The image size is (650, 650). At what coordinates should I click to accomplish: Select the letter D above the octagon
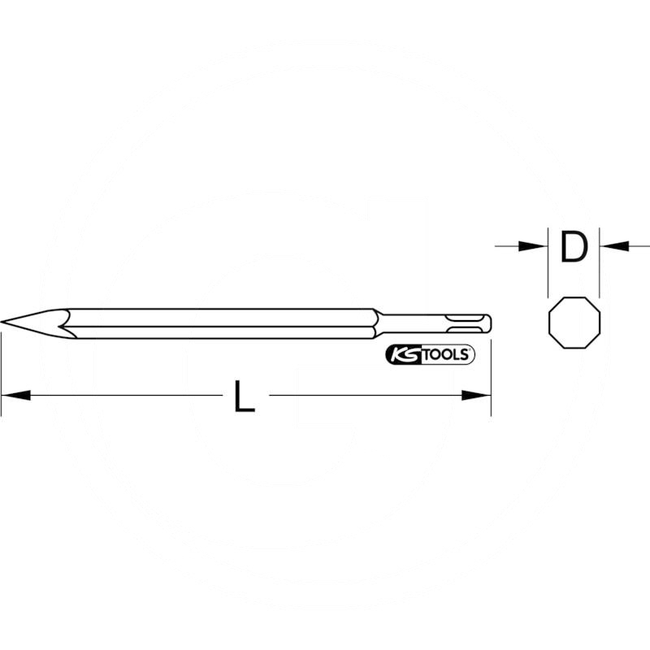tap(574, 246)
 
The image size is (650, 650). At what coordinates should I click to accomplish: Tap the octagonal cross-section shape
tap(574, 322)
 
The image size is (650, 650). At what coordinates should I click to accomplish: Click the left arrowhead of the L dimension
tap(16, 396)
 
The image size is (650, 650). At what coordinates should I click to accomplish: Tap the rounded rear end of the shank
tap(489, 323)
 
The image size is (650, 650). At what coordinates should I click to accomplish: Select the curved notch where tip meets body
tap(65, 323)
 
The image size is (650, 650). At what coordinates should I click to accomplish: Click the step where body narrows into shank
tap(378, 323)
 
